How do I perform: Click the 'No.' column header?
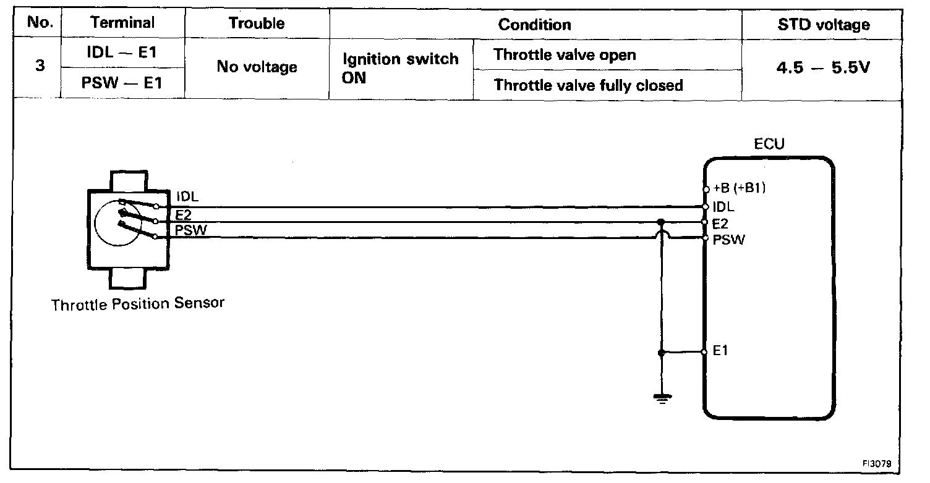(x=40, y=23)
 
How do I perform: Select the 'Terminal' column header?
(x=122, y=23)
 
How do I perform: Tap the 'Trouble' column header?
(x=257, y=23)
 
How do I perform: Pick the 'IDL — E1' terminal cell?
(x=122, y=53)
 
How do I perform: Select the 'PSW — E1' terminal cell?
(x=122, y=83)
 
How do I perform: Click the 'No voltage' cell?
(x=257, y=67)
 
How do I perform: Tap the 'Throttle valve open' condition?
(x=565, y=54)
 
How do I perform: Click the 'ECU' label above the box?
(x=769, y=145)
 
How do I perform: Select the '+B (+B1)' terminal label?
(x=740, y=189)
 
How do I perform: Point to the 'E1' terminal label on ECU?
(x=720, y=351)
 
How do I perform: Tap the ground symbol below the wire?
(x=662, y=397)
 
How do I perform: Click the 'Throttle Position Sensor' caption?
(x=138, y=304)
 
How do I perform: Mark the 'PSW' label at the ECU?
(x=728, y=240)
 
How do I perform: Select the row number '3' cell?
(x=40, y=67)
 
